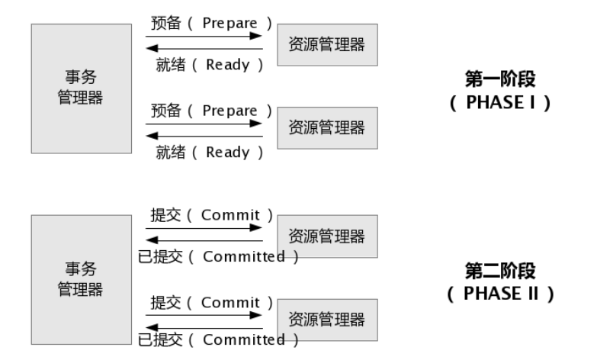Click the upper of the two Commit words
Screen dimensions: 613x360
click(230, 215)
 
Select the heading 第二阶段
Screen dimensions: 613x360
click(499, 271)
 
